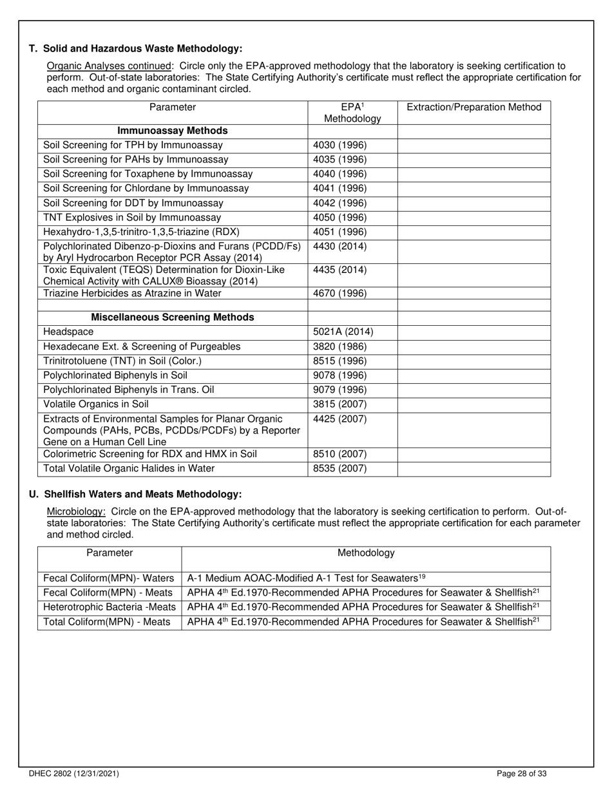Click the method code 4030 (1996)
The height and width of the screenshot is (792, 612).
click(339, 146)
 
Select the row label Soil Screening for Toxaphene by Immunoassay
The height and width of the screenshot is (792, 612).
click(148, 174)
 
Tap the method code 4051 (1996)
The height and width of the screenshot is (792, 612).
click(339, 232)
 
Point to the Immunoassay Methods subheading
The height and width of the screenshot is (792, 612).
click(173, 131)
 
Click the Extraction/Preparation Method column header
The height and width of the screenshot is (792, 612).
click(473, 107)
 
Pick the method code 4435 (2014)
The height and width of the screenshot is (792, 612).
click(339, 270)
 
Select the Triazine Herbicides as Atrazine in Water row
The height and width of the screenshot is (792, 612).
click(132, 293)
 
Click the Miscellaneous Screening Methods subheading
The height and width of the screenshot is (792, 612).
click(173, 317)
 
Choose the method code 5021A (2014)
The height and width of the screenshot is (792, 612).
click(343, 332)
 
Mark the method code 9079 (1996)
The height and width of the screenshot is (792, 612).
click(339, 390)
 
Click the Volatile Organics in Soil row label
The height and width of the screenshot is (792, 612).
click(95, 404)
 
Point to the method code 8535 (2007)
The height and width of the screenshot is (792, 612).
click(339, 469)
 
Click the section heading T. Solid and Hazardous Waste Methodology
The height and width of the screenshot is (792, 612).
click(136, 48)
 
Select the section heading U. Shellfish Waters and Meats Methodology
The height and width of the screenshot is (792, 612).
click(135, 495)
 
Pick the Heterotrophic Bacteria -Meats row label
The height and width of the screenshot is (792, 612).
click(109, 607)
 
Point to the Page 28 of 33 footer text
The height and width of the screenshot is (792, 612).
click(522, 774)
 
